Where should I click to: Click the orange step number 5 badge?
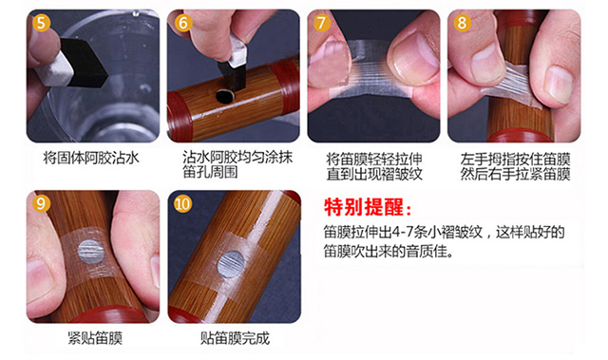pyautogui.click(x=41, y=23)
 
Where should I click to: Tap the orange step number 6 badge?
pyautogui.click(x=183, y=23)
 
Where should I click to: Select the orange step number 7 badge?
pyautogui.click(x=322, y=23)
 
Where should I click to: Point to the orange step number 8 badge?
pyautogui.click(x=463, y=23)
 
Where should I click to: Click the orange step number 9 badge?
pyautogui.click(x=41, y=203)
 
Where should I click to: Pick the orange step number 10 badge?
pyautogui.click(x=183, y=204)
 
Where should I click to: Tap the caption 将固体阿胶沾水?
pyautogui.click(x=91, y=158)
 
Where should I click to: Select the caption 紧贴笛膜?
pyautogui.click(x=95, y=338)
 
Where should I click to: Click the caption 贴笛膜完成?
pyautogui.click(x=235, y=338)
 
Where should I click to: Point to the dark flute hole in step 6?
pyautogui.click(x=225, y=96)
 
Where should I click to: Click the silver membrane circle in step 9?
pyautogui.click(x=91, y=252)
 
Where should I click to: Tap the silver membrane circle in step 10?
pyautogui.click(x=231, y=264)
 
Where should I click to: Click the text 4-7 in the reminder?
pyautogui.click(x=402, y=233)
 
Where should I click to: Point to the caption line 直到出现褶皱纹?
pyautogui.click(x=374, y=174)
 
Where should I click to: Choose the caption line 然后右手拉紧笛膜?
pyautogui.click(x=515, y=174)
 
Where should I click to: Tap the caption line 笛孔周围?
pyautogui.click(x=210, y=172)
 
